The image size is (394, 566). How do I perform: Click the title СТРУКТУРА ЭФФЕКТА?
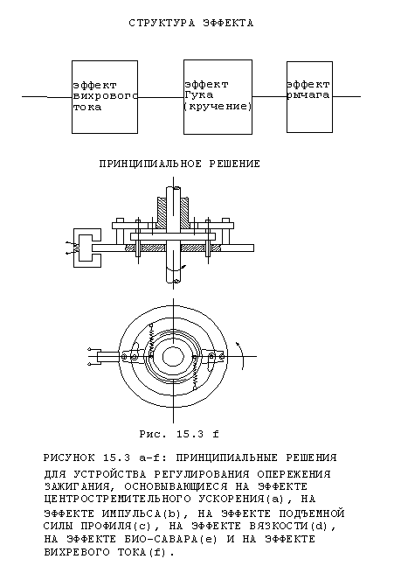point(191,23)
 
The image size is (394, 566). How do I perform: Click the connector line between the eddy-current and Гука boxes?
point(161,97)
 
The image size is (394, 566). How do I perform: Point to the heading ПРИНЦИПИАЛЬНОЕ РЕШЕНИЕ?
point(179,164)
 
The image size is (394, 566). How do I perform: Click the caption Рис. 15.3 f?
point(179,434)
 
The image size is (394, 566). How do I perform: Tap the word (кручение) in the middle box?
point(218,107)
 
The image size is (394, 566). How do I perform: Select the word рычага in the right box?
point(308,95)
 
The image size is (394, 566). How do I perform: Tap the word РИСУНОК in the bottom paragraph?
point(69,458)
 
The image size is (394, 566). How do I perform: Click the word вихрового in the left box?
point(105,96)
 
